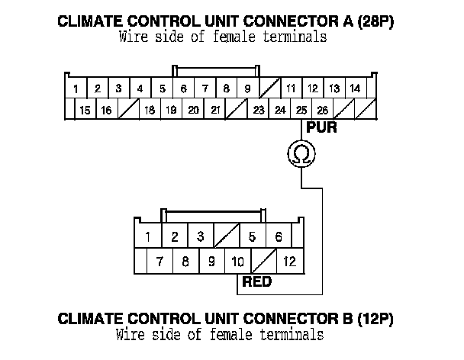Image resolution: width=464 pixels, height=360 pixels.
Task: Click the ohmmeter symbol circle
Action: (302, 156)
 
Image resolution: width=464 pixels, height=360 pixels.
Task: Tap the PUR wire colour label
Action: (321, 128)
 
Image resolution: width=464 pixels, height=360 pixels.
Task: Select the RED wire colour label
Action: (256, 281)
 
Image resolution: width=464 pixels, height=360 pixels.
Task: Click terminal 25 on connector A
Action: (302, 111)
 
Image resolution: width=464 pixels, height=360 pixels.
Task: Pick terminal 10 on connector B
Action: (237, 261)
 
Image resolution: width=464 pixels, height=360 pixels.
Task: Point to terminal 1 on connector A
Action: (76, 89)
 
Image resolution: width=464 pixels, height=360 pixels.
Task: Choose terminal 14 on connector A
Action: (355, 88)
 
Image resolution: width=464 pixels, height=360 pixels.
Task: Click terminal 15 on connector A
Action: (85, 111)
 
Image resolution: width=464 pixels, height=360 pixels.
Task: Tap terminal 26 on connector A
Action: (323, 111)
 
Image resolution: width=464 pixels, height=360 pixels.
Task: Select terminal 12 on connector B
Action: (289, 261)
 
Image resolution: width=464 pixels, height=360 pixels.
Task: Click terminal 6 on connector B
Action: (279, 236)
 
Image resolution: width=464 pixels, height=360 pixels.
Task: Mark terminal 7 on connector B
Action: (159, 261)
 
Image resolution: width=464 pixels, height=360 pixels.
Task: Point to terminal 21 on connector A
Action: (216, 111)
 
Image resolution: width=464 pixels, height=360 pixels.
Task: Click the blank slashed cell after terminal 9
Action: (269, 88)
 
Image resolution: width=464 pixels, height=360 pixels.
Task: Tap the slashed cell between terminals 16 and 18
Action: (128, 111)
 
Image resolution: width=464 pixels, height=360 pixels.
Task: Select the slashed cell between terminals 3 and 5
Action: (227, 236)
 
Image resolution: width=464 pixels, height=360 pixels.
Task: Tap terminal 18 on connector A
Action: (150, 111)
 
